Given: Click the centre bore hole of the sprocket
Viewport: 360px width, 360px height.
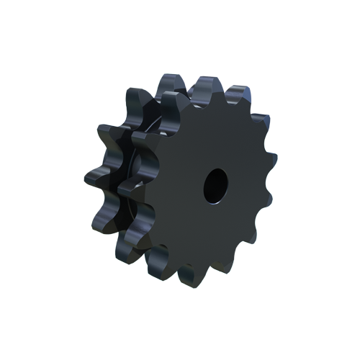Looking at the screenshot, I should point(215,185).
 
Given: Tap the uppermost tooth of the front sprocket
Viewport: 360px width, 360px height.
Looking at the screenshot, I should point(208,88).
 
